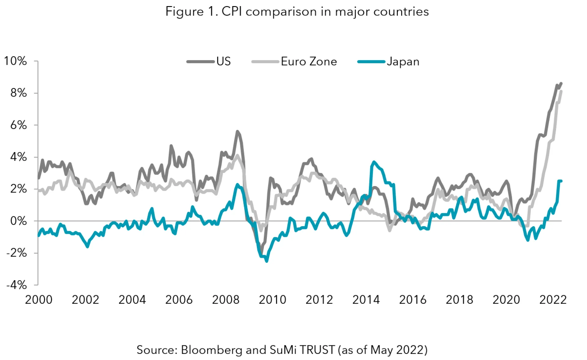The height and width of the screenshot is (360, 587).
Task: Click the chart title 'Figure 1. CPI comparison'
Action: click(297, 12)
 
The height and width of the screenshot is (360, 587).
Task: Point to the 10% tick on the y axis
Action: click(15, 61)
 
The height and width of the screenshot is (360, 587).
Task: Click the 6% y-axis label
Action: click(18, 125)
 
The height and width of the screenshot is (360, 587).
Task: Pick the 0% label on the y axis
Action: click(18, 221)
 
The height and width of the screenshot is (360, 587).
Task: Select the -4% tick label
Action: click(17, 285)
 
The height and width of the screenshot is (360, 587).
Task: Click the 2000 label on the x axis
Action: click(39, 299)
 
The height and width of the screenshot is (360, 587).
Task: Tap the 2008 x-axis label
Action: click(226, 299)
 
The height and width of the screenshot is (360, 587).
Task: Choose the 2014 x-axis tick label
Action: click(366, 299)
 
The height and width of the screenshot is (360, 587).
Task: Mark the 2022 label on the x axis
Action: click(553, 299)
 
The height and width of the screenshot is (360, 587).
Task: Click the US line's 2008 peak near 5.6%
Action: click(237, 131)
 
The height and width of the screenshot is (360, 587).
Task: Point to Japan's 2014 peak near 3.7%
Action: click(374, 162)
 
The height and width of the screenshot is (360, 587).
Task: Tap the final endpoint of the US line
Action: click(561, 83)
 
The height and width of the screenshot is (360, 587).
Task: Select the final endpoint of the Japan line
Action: click(561, 181)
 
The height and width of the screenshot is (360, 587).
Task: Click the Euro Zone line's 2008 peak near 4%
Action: click(237, 155)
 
